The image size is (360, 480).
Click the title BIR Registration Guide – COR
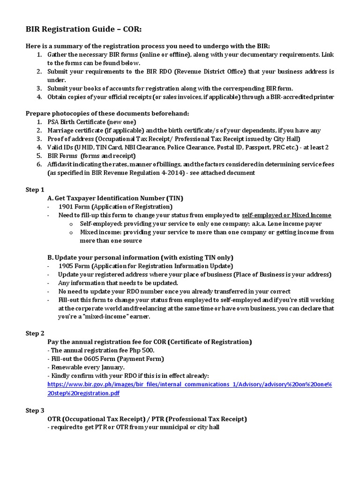[83, 30]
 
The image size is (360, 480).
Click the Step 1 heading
[35, 189]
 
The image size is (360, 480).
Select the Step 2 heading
[35, 333]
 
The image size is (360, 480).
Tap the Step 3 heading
[35, 410]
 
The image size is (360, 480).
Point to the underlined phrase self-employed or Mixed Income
[286, 215]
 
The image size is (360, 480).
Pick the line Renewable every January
[86, 367]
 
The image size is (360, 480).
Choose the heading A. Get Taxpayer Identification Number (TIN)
[115, 198]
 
